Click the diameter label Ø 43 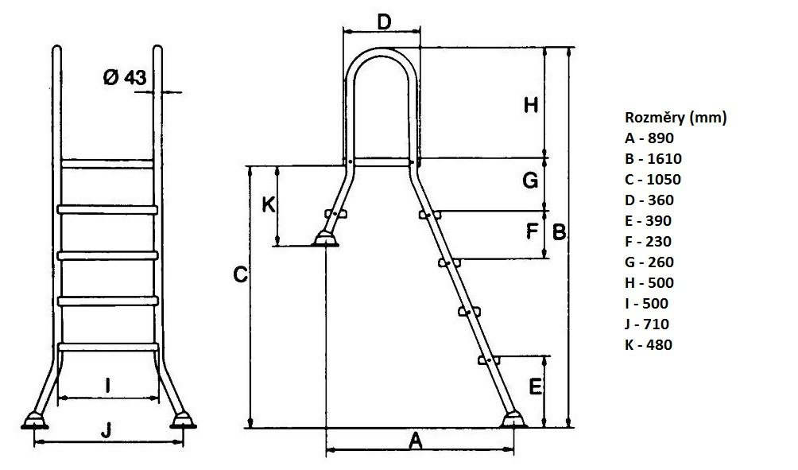coord(125,77)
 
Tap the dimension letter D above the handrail coord(384,22)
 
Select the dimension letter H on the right coord(531,106)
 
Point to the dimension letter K coord(269,204)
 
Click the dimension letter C coord(240,275)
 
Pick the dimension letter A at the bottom coord(416,441)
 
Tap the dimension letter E coord(535,387)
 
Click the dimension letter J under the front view coord(106,431)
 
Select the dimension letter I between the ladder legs coord(108,386)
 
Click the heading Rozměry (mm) coord(676,118)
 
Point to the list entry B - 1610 coord(653,159)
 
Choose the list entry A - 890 coord(649,138)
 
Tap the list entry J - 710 coord(647,324)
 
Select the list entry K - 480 coord(649,344)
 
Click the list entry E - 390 coord(649,220)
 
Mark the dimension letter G coord(530,181)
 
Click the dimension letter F coord(532,231)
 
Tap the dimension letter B coord(560,232)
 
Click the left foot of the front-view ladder coord(35,421)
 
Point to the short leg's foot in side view coord(325,239)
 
